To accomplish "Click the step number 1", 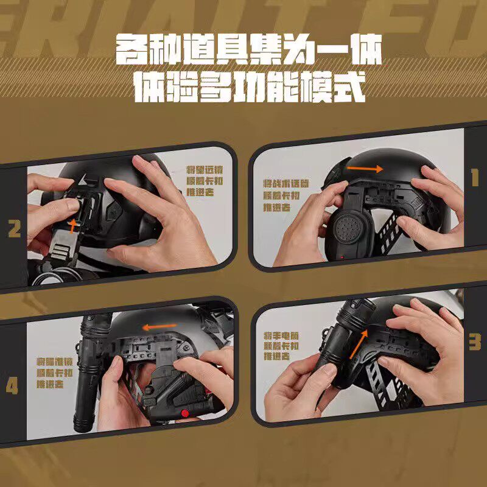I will (474, 177).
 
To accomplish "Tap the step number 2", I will (14, 229).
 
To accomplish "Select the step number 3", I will (474, 342).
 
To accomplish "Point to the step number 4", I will (12, 387).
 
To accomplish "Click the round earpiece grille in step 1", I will (346, 228).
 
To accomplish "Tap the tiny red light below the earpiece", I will (342, 257).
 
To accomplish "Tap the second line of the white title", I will (249, 87).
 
